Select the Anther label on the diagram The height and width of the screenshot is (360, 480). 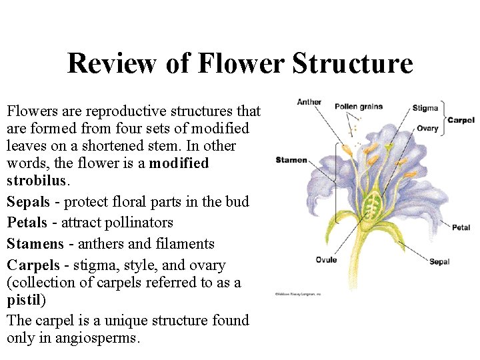coord(309,102)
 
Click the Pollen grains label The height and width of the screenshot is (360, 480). coord(359,106)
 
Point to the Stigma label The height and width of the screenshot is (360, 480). coord(425,108)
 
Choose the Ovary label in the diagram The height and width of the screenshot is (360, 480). coord(427,128)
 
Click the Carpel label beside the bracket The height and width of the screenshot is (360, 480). coord(461,120)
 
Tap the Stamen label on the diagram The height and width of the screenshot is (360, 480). coord(291,160)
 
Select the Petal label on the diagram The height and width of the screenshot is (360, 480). coord(461,227)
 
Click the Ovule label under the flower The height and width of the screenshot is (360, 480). coord(326,260)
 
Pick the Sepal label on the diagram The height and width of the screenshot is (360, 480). coord(439,261)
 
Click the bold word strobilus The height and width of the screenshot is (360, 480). coord(36,181)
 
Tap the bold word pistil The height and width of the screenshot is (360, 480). coord(25,300)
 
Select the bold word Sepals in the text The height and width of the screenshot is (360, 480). coord(28,202)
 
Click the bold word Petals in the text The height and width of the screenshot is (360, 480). coord(27,223)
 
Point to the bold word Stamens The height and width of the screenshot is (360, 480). coord(35,244)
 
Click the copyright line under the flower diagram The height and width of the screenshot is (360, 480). coord(297,293)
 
